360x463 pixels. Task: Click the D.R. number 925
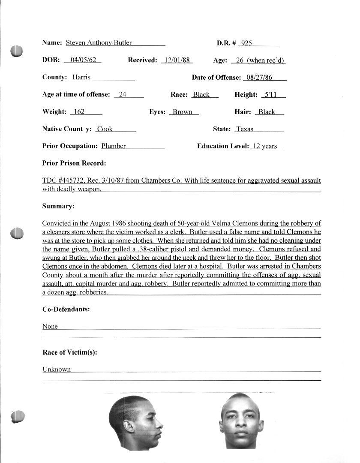click(x=246, y=43)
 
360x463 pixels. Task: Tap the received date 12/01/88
click(x=177, y=60)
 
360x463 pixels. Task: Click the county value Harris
click(x=81, y=77)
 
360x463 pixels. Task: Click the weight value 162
click(x=79, y=111)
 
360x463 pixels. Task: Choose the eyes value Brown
click(x=183, y=111)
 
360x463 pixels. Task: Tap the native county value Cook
click(x=105, y=129)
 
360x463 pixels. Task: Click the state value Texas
click(x=245, y=129)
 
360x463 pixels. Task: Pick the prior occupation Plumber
click(x=114, y=146)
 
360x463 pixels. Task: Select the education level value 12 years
click(x=265, y=146)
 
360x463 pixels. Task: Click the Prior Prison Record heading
click(x=74, y=163)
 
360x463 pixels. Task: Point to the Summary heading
click(x=58, y=206)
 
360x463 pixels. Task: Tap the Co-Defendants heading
click(x=66, y=309)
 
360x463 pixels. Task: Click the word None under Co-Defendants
click(x=50, y=326)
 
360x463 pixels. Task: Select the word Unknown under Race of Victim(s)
click(x=57, y=369)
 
